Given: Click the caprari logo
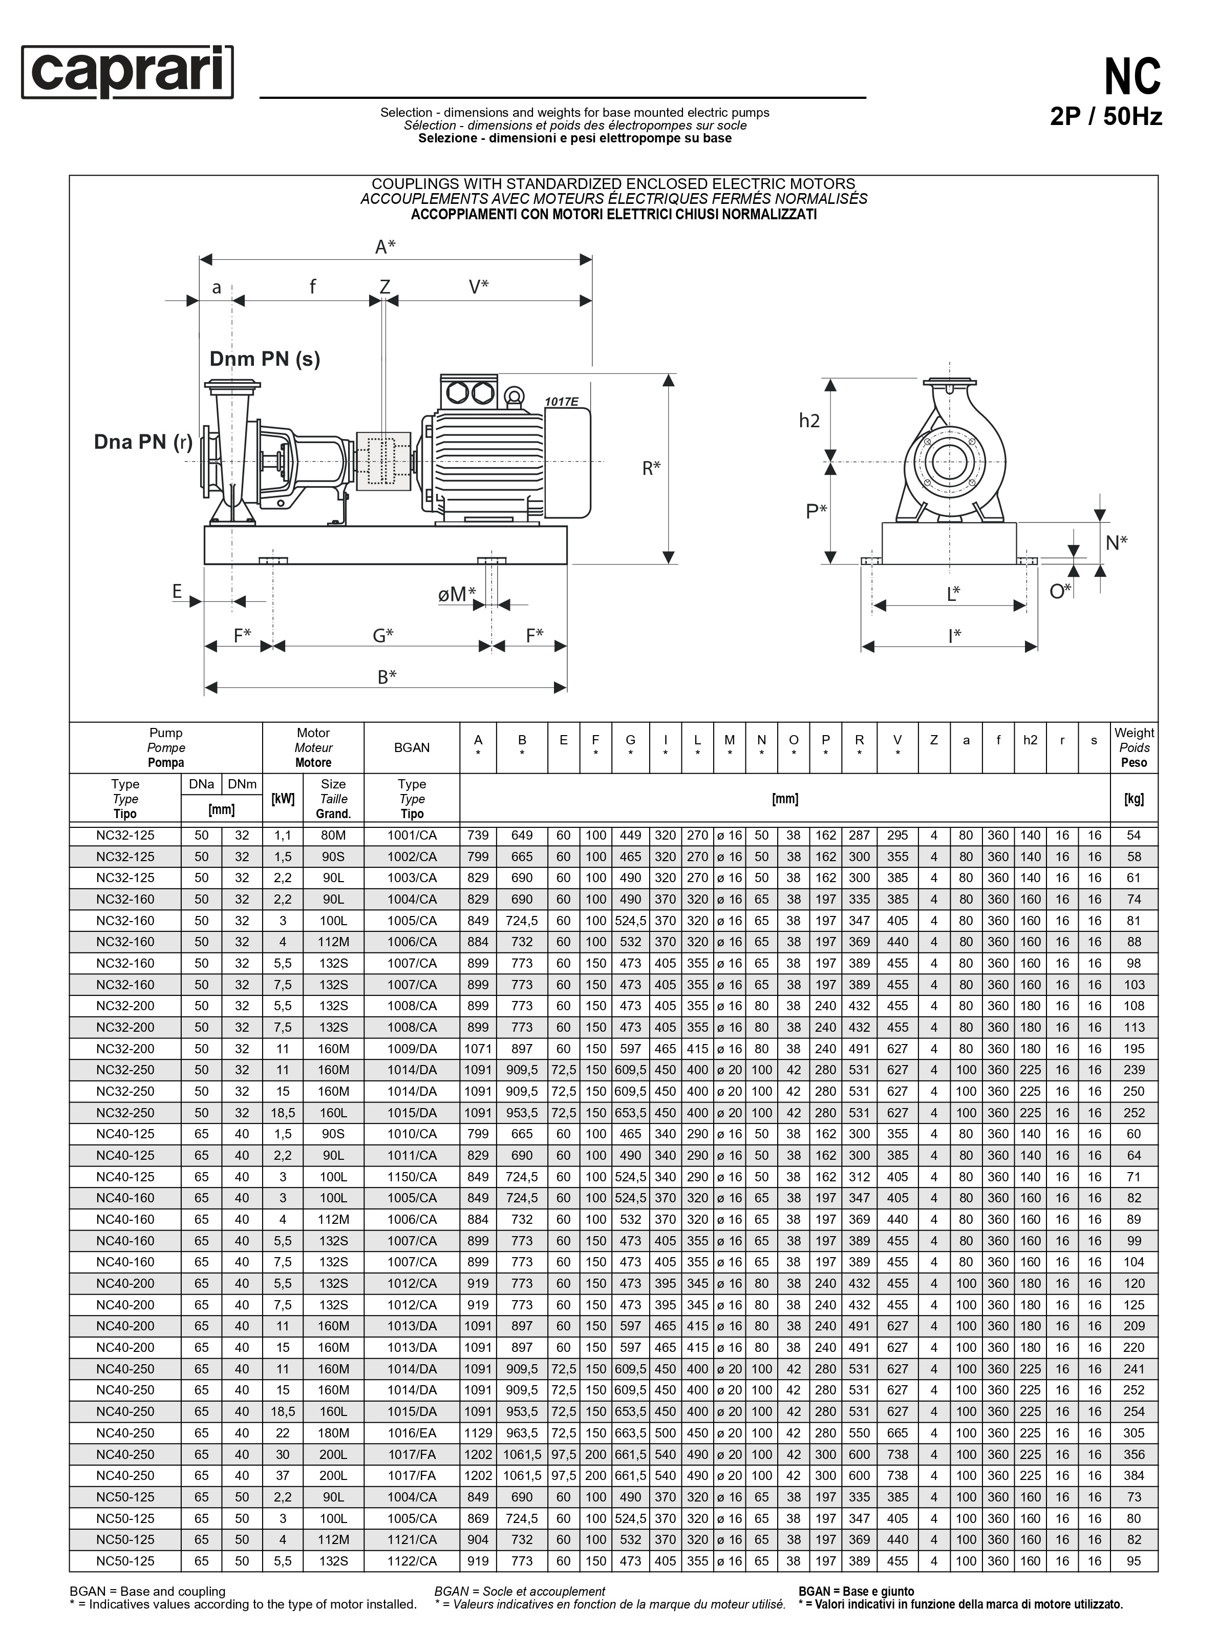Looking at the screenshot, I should [x=127, y=72].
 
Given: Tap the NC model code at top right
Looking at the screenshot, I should [x=1132, y=77].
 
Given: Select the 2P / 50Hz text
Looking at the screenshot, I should [x=1105, y=117].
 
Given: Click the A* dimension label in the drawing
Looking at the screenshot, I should [x=385, y=247].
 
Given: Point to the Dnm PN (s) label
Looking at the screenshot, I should [x=265, y=359].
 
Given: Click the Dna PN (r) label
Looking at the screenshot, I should [x=143, y=442].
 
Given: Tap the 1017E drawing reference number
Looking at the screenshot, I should [x=561, y=402].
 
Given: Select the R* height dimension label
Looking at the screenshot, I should [x=651, y=468].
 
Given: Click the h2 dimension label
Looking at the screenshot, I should [x=809, y=421].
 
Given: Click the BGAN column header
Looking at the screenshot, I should [x=412, y=747].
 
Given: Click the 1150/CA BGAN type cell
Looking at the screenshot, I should [x=412, y=1177].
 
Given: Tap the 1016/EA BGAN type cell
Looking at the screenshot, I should [x=412, y=1433].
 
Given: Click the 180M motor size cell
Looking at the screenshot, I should [x=333, y=1433].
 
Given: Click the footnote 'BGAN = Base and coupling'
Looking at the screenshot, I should [x=147, y=1591].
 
